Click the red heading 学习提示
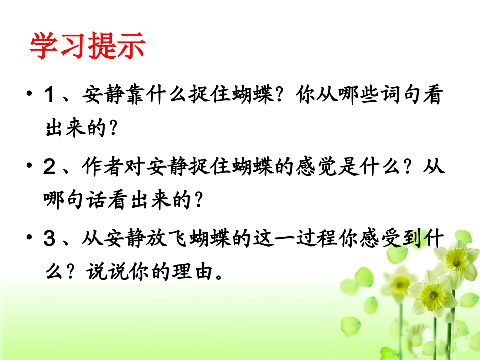87,46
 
